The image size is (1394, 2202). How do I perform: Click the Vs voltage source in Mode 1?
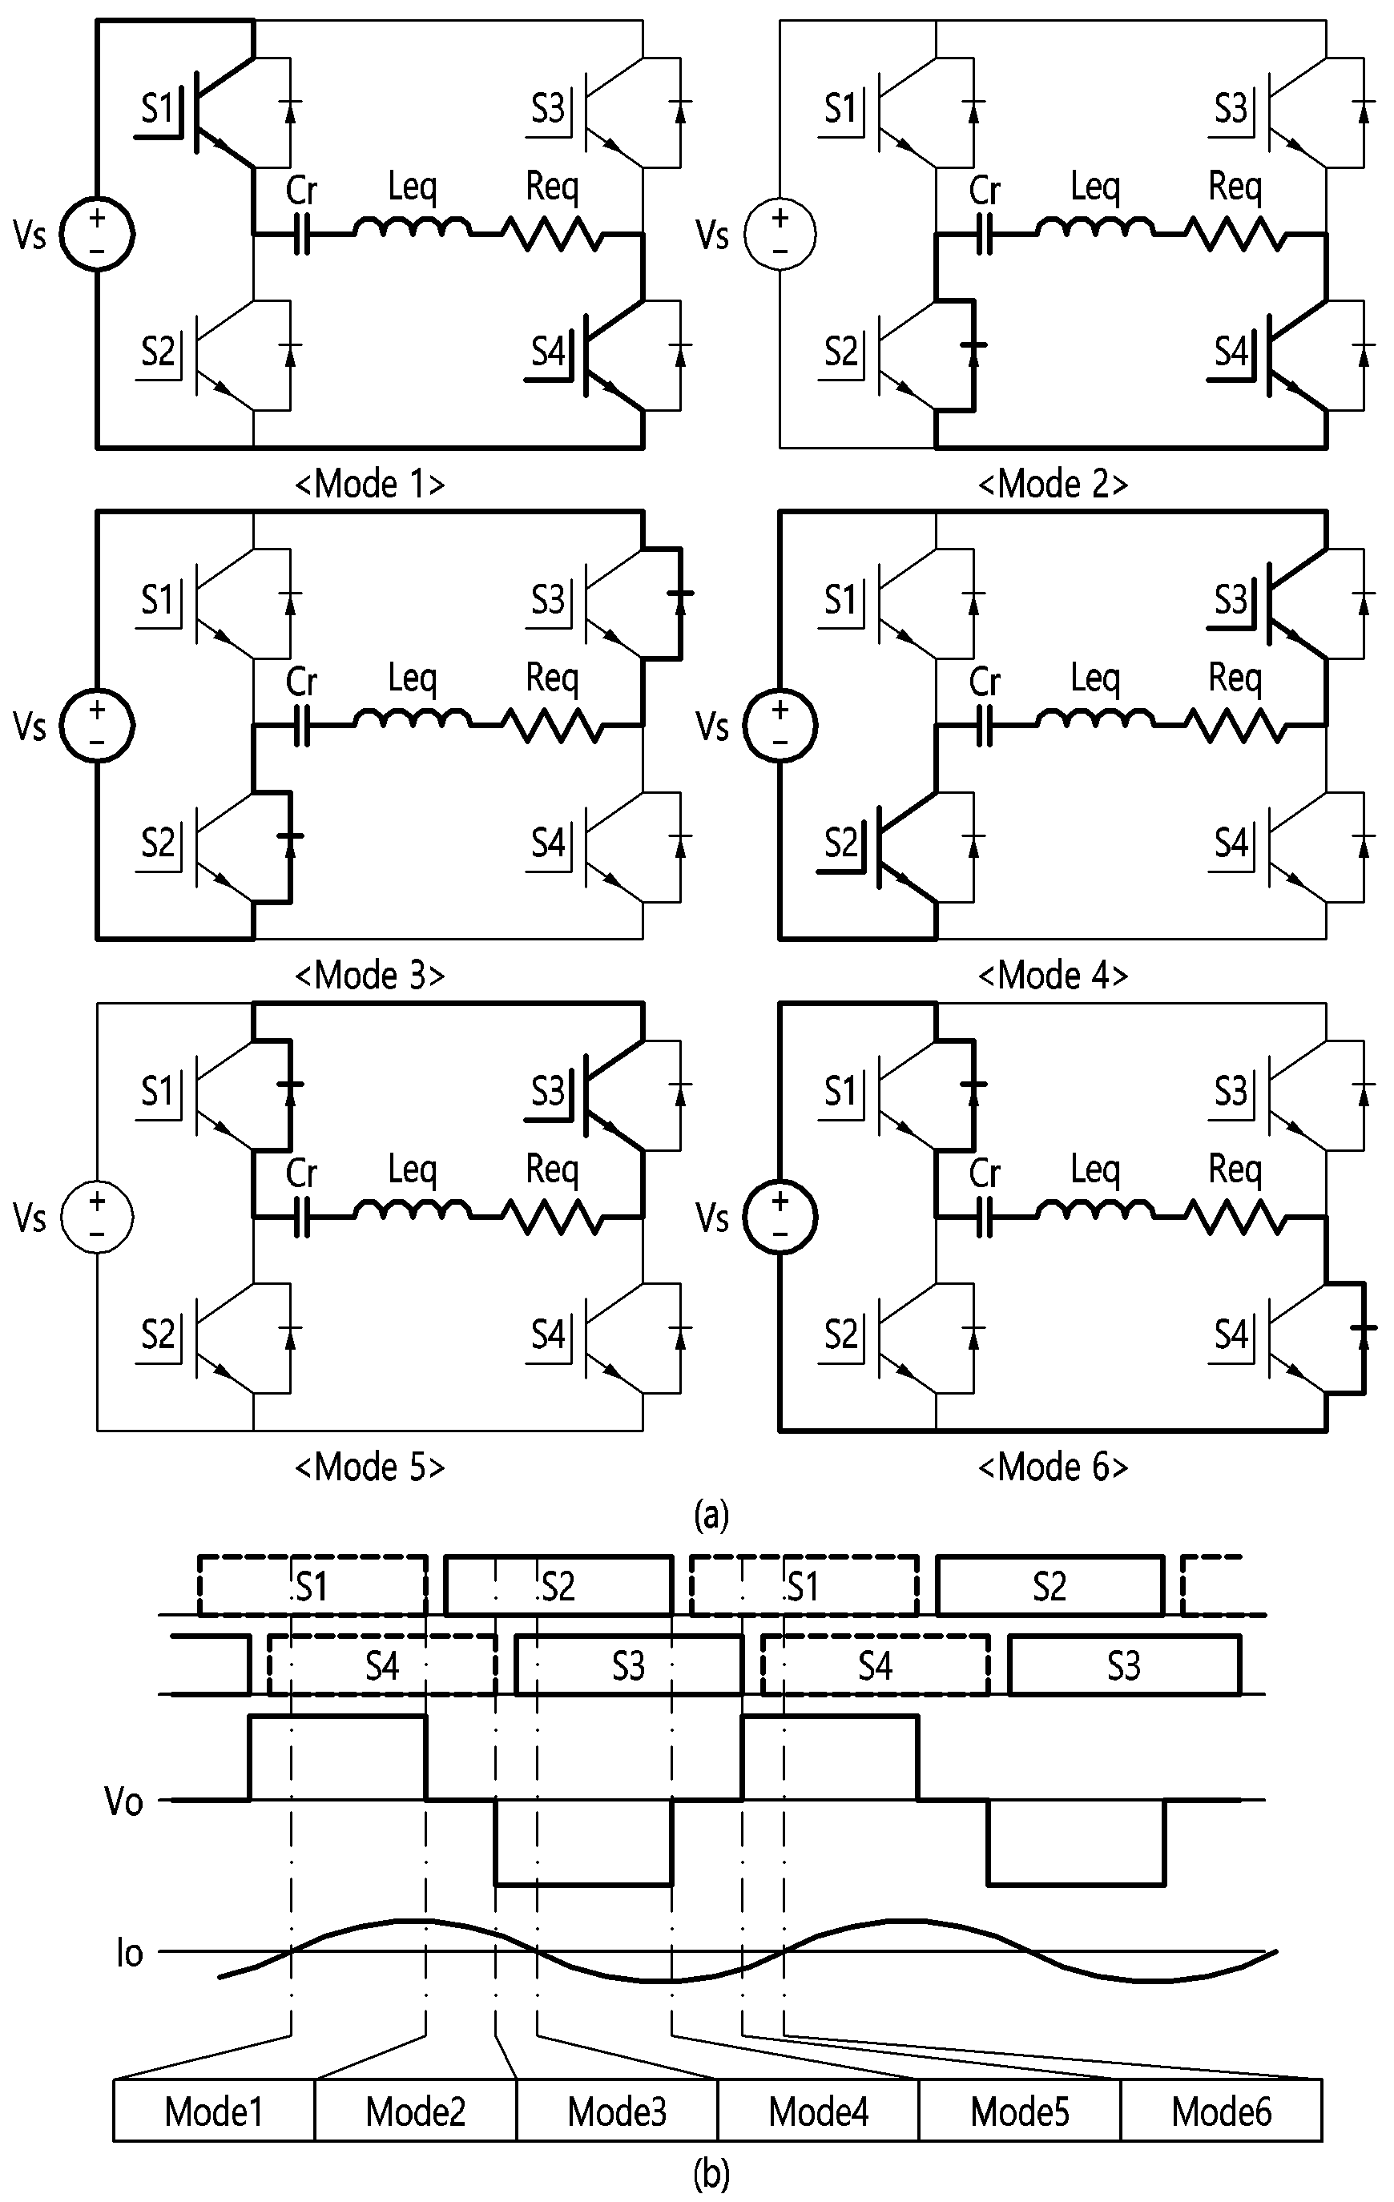[97, 234]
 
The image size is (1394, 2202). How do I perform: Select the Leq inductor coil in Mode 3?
[413, 717]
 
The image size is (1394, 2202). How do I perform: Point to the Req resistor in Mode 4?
[1235, 726]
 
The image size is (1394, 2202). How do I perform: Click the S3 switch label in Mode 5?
[548, 1091]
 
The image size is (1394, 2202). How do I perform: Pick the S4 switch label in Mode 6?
[1231, 1335]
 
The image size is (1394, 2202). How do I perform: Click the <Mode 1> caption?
[370, 484]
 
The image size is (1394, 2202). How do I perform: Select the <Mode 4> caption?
[1054, 975]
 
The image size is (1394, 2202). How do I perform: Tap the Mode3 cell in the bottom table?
[617, 2111]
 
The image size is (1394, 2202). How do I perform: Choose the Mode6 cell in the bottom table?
[1221, 2111]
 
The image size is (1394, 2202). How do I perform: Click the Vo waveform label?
[123, 1801]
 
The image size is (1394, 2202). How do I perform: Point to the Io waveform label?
[129, 1952]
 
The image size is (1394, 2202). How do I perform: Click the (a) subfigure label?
[711, 1516]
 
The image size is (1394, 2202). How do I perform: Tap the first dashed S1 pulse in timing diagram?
[312, 1584]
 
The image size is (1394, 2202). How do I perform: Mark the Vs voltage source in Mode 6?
[780, 1216]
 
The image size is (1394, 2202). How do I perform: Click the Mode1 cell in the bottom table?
[214, 2111]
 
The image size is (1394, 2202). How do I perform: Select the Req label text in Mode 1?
[553, 187]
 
